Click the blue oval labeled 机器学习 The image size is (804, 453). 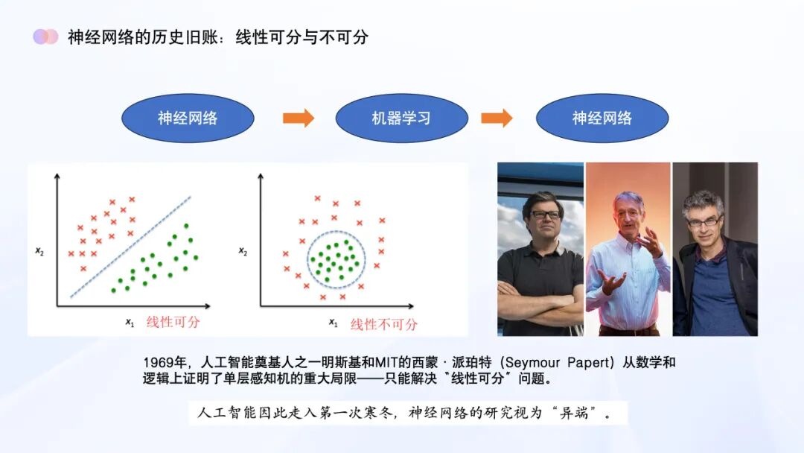coord(401,118)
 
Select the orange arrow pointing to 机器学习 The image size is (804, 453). coord(299,118)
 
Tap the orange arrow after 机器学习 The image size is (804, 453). coord(497,118)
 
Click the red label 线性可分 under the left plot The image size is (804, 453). coord(173,323)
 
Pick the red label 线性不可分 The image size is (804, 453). coord(384,324)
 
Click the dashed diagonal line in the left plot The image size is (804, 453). coord(131,247)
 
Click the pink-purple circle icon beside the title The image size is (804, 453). coord(45,37)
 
